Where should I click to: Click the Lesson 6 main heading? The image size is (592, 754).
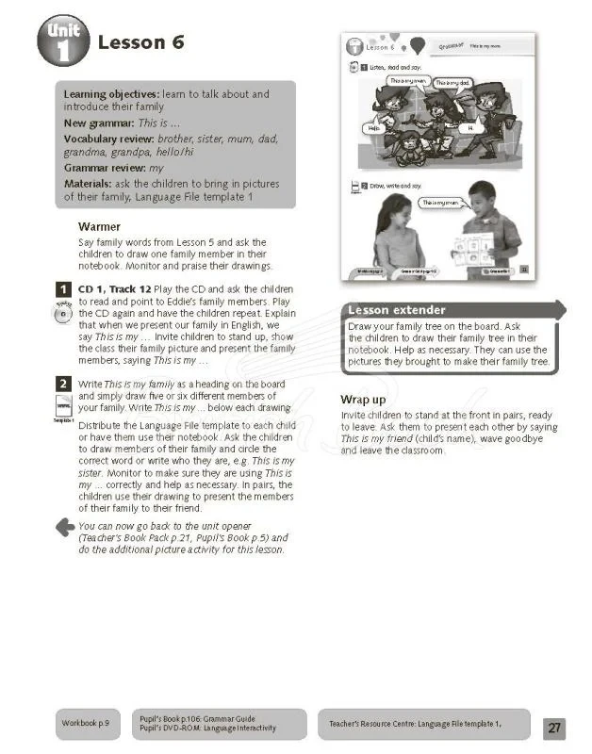(141, 41)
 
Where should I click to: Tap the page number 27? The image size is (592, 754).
(554, 727)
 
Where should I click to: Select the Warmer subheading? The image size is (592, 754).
(99, 227)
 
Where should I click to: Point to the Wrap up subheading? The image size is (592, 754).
(363, 400)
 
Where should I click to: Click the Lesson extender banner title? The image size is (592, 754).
(397, 310)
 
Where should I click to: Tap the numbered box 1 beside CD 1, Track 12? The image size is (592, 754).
(62, 289)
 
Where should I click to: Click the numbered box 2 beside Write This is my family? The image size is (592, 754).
(62, 384)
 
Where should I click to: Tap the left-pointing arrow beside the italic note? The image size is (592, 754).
(64, 527)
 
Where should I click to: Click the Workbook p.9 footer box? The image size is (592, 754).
(86, 723)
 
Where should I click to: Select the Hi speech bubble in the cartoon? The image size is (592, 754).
(470, 125)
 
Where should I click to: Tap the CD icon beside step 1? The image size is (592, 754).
(62, 315)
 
